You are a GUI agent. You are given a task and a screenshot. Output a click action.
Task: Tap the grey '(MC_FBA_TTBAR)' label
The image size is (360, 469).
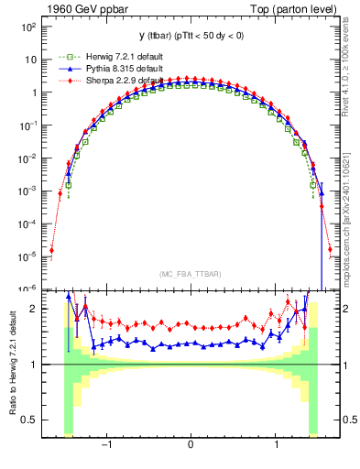[190, 272]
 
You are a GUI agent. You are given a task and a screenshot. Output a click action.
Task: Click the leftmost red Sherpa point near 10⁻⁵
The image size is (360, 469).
[51, 249]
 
